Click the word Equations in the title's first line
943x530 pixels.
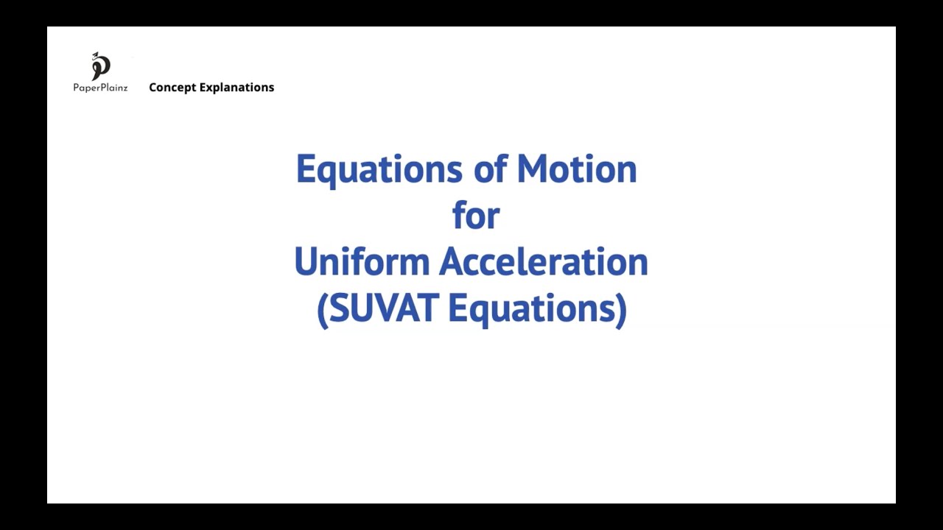(x=379, y=170)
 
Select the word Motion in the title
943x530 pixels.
(x=576, y=169)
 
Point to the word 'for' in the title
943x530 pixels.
(x=476, y=216)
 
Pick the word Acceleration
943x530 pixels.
(x=543, y=262)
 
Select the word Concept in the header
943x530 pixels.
(x=172, y=88)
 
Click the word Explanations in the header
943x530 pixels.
(x=236, y=88)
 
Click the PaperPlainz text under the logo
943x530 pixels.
(x=100, y=88)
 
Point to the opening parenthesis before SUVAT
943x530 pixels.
(x=321, y=310)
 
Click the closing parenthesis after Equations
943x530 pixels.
(x=622, y=310)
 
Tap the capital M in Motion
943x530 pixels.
(x=532, y=169)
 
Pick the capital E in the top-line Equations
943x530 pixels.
(x=305, y=169)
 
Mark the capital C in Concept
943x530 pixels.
(x=153, y=88)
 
